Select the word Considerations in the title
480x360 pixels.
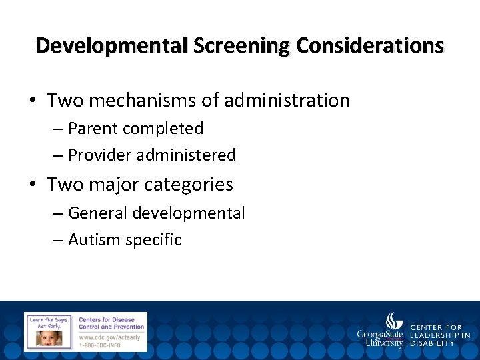pos(370,46)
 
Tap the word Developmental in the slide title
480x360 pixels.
pos(112,46)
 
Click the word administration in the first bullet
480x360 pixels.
pos(288,101)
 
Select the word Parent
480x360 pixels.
pos(92,128)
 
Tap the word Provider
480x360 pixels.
pos(100,155)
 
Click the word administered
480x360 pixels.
pos(186,155)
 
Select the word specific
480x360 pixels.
pos(153,240)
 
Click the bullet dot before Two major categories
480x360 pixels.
pos(34,185)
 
